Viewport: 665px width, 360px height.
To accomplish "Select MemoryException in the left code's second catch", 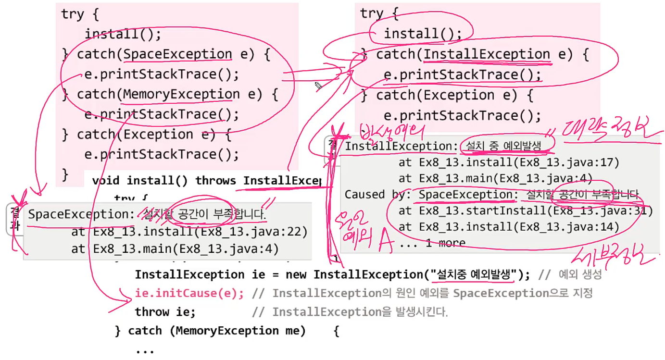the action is [x=181, y=94].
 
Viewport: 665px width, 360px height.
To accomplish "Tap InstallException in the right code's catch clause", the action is [x=487, y=55].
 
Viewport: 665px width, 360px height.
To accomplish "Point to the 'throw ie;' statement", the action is [x=165, y=312].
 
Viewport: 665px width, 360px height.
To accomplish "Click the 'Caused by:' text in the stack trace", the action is [x=378, y=195].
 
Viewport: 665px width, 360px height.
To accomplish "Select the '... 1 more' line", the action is [x=432, y=243].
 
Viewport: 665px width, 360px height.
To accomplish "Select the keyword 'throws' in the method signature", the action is [x=216, y=181].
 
